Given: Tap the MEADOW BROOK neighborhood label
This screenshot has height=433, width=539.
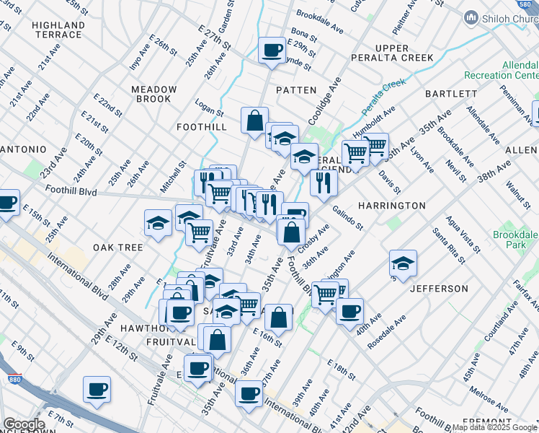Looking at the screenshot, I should pyautogui.click(x=153, y=94).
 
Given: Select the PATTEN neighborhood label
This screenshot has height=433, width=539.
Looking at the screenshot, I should pyautogui.click(x=296, y=90).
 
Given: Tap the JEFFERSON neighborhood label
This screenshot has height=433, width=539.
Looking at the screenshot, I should pyautogui.click(x=439, y=289).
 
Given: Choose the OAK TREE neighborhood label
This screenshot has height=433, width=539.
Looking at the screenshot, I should pyautogui.click(x=117, y=247).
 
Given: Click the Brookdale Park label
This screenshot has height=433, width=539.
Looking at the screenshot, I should pyautogui.click(x=515, y=240).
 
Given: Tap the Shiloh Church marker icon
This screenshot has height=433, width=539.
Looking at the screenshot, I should pyautogui.click(x=472, y=17).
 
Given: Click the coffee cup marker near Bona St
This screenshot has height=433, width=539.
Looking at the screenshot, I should pyautogui.click(x=272, y=51).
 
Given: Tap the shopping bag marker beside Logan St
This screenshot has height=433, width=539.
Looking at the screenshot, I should pyautogui.click(x=254, y=121).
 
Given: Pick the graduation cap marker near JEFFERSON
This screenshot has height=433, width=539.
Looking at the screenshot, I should pyautogui.click(x=403, y=264).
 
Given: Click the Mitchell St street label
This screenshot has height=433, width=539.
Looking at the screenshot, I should pyautogui.click(x=173, y=177).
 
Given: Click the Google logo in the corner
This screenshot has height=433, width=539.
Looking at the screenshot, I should pyautogui.click(x=23, y=424).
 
